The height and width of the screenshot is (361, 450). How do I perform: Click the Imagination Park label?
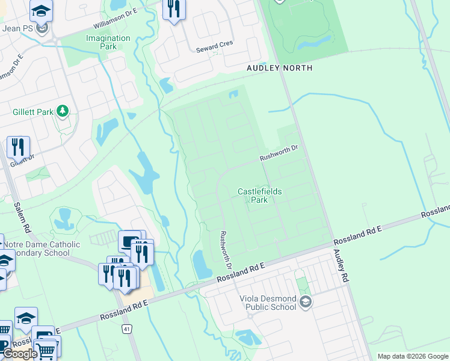[x=108, y=42]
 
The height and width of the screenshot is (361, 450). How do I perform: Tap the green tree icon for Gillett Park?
[x=62, y=111]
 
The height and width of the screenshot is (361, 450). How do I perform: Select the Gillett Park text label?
[x=31, y=112]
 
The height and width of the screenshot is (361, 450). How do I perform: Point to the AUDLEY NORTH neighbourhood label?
[x=279, y=68]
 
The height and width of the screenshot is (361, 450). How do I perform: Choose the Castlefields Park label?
[x=259, y=196]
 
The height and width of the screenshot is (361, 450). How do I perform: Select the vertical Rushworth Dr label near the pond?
[x=226, y=250]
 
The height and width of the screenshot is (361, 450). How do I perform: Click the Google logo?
[x=19, y=354]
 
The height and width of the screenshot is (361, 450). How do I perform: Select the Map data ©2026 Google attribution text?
[x=412, y=356]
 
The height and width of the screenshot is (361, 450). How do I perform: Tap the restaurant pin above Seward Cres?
[x=174, y=8]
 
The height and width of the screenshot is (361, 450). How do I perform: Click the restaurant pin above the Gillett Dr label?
[x=18, y=146]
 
